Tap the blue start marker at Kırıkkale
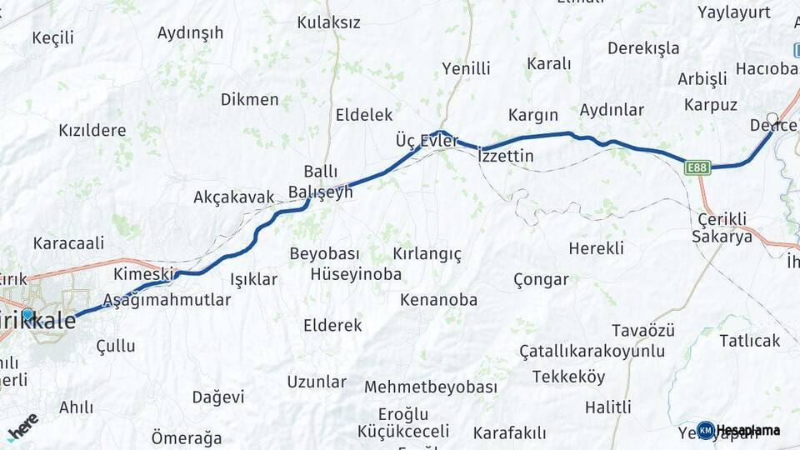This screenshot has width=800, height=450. (27, 314)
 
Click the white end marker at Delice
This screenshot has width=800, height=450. (772, 119)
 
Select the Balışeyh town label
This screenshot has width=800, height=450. (321, 192)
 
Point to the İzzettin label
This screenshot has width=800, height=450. (507, 156)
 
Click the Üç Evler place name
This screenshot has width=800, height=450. (427, 141)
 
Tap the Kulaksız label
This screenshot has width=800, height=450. (328, 22)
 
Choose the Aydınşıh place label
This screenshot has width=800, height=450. (191, 33)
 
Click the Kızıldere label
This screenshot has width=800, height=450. (92, 131)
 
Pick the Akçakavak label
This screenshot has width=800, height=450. (233, 197)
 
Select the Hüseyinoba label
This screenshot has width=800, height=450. (356, 274)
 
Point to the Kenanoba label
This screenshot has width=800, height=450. (438, 300)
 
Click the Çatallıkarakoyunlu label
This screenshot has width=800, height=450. (592, 351)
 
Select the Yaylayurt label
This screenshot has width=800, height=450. (734, 12)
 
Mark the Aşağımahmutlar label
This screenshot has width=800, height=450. (167, 300)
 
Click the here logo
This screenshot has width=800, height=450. (23, 427)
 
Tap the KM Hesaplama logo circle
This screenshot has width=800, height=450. (706, 430)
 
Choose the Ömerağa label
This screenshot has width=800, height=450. (187, 437)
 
